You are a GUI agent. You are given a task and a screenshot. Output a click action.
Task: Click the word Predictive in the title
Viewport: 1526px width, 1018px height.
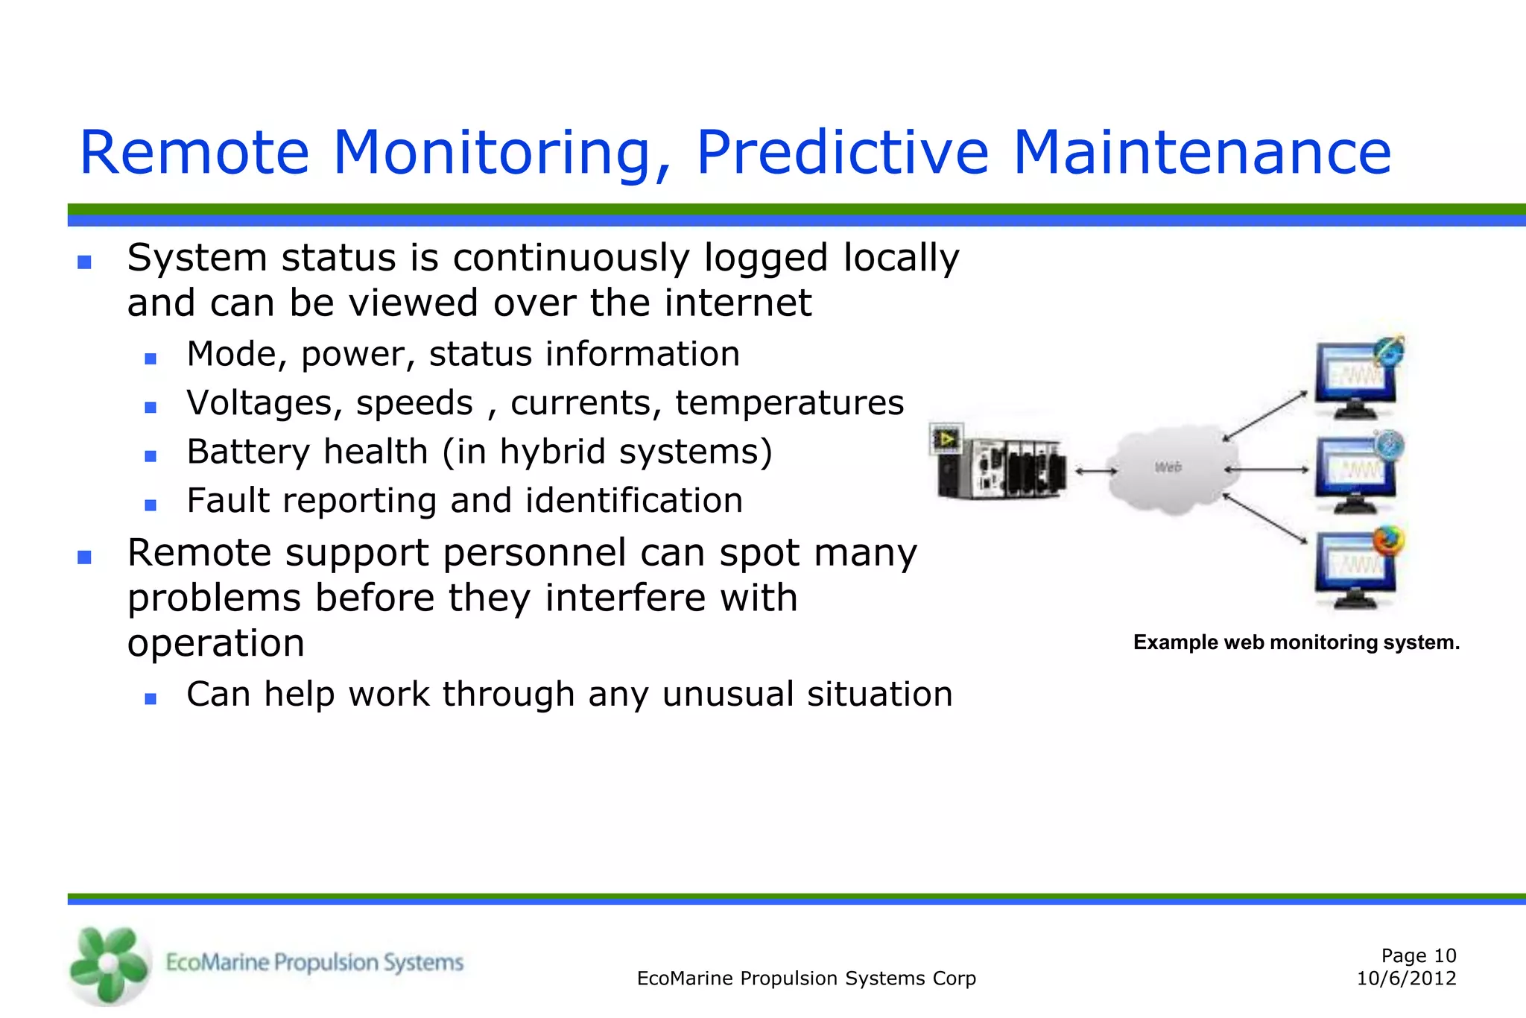coord(842,153)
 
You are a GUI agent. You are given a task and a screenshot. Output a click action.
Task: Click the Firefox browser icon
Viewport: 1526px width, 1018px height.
coord(1387,540)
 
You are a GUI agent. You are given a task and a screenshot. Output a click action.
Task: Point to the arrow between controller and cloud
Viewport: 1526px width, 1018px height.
coord(1095,470)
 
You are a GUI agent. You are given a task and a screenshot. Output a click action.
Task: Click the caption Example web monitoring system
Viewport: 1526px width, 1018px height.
coord(1296,642)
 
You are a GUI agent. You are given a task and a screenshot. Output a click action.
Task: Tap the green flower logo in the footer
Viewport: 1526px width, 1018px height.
coord(108,964)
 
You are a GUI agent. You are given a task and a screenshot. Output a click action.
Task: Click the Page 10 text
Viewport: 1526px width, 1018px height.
coord(1418,955)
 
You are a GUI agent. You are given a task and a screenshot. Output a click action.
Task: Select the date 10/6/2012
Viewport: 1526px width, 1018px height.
coord(1406,979)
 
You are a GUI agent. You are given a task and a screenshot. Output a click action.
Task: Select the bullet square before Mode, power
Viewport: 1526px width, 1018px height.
coord(151,358)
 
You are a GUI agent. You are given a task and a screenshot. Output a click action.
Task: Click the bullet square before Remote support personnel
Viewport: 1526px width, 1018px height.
coord(84,557)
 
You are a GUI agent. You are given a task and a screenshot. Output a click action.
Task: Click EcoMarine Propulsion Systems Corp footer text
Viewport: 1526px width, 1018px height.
coord(806,979)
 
